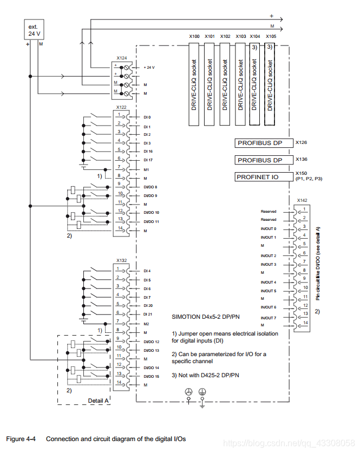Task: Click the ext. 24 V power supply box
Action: [34, 30]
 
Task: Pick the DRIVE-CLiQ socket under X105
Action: [271, 84]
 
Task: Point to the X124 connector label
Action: [122, 57]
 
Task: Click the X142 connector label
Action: [303, 200]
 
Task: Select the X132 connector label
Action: [121, 260]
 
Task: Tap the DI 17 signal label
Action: [148, 160]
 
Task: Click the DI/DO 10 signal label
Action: [151, 213]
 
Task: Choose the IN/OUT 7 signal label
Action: [268, 318]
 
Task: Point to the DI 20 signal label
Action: [148, 306]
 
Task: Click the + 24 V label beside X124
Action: [149, 68]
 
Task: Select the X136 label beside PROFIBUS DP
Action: [301, 159]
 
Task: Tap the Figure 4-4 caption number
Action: [21, 439]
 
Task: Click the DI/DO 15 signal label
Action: [151, 376]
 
